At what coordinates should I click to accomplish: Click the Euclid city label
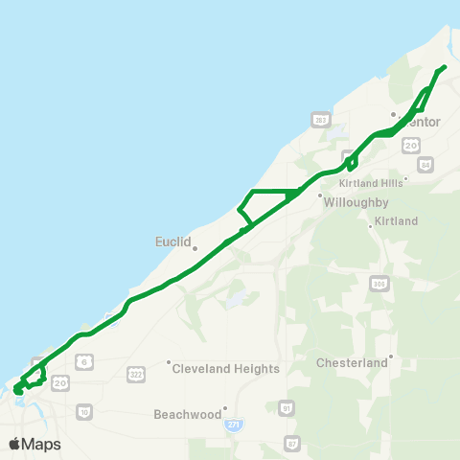click(173, 241)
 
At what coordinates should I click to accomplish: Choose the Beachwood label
click(186, 415)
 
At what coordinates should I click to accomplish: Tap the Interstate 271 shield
click(233, 423)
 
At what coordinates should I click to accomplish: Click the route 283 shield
click(320, 119)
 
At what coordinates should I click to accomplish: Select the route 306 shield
click(379, 284)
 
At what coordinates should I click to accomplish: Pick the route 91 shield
click(285, 408)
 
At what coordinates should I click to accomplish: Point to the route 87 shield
click(292, 443)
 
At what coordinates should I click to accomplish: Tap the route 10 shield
click(84, 411)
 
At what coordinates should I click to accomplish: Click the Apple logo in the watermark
click(14, 444)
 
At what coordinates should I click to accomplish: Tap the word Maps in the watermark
click(42, 444)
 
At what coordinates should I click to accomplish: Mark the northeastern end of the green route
click(445, 67)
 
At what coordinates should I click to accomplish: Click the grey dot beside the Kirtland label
click(371, 226)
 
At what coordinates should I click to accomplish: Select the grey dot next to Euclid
click(195, 248)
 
